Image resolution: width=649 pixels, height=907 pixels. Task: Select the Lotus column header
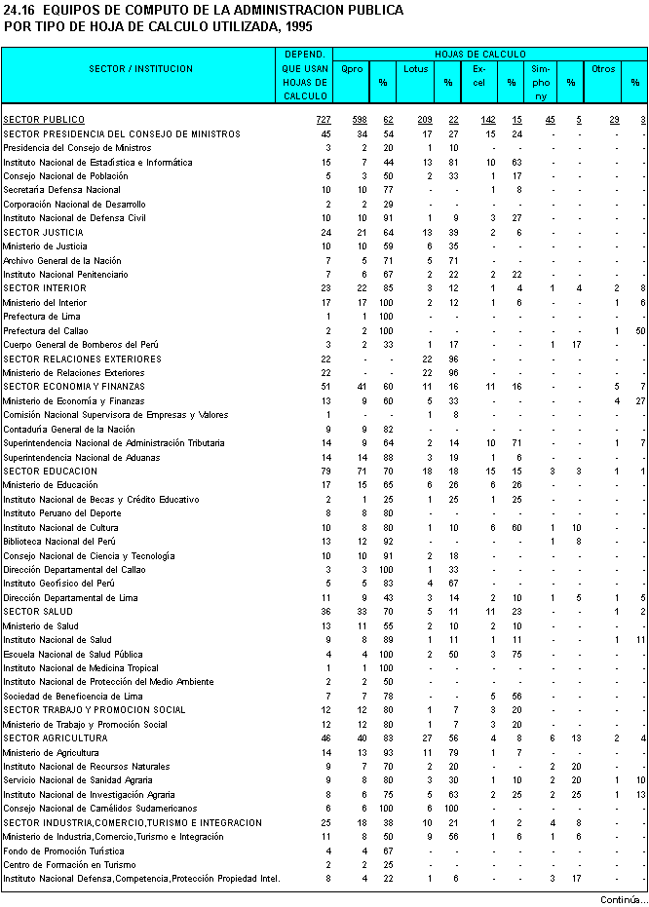click(416, 69)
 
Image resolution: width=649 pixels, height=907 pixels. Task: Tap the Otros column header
click(603, 69)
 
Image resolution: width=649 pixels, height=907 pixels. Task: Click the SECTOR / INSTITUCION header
click(141, 69)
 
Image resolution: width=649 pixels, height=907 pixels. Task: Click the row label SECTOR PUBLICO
click(44, 119)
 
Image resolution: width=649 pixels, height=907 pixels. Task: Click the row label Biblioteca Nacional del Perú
click(59, 541)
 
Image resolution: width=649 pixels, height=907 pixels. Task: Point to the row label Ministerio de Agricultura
click(50, 752)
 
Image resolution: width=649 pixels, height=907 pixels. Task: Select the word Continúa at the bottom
click(620, 899)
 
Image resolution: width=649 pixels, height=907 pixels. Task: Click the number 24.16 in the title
click(19, 10)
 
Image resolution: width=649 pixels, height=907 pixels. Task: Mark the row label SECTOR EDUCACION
click(51, 471)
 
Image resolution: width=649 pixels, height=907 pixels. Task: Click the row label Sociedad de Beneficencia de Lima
click(73, 696)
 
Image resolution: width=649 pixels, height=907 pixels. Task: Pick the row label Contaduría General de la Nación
click(68, 429)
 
